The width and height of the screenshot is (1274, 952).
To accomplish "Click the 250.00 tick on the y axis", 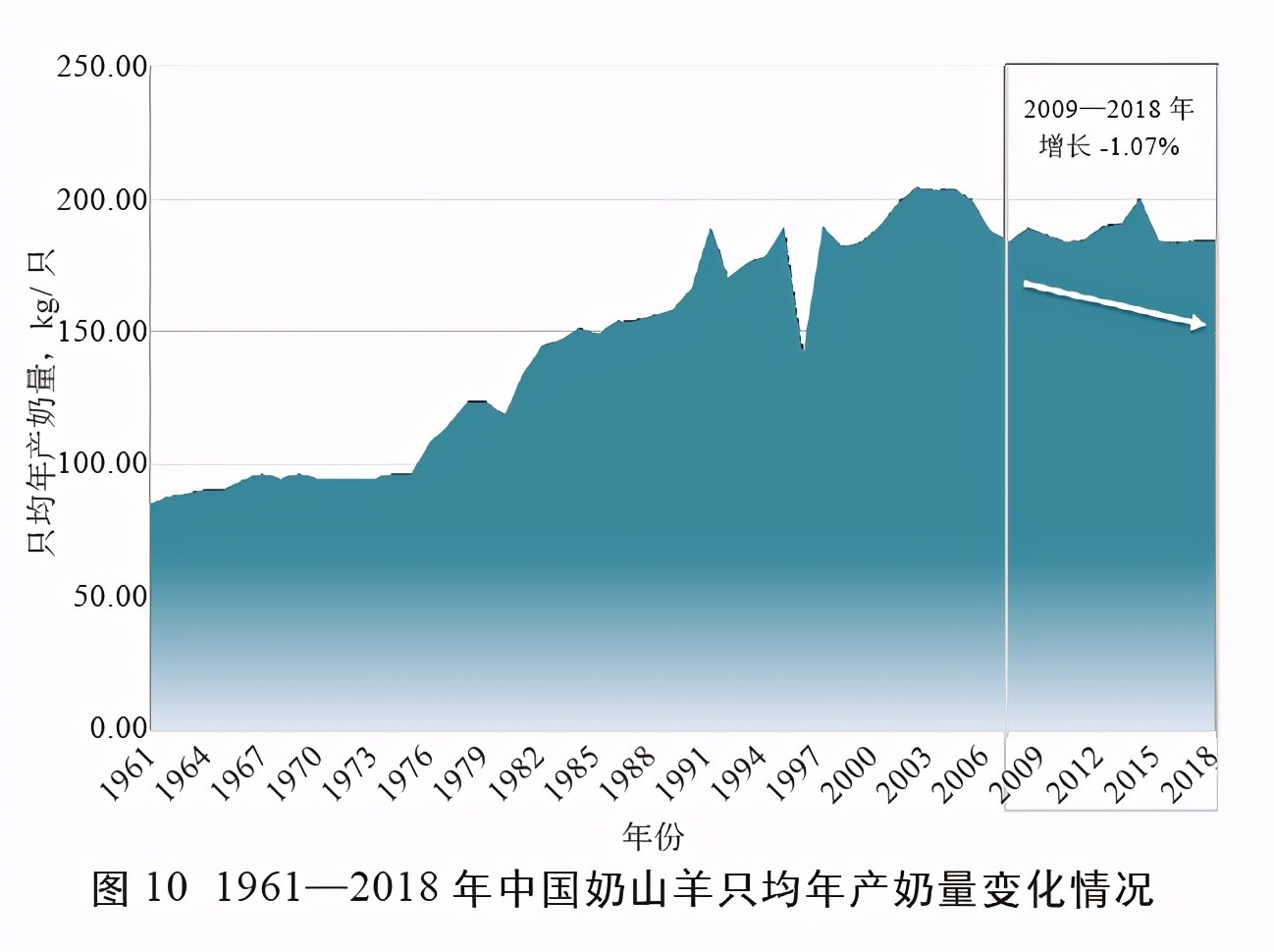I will point(102,68).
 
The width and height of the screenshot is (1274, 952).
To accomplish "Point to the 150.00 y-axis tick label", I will point(102,332).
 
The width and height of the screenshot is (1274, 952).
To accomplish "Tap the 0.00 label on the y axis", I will point(118,728).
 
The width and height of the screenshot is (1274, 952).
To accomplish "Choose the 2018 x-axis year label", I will point(1194,775).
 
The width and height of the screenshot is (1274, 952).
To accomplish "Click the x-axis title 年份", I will point(653,837).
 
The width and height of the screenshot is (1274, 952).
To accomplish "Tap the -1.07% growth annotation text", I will point(1140,147).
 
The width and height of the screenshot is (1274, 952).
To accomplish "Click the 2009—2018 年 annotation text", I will point(1108,108).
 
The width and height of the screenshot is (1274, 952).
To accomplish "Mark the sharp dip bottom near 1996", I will point(803,348).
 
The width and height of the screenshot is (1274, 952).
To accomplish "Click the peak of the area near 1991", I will point(710,230).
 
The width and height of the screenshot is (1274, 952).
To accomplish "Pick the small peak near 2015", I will point(1139,200).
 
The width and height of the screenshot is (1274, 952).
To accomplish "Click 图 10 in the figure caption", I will point(139,888).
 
